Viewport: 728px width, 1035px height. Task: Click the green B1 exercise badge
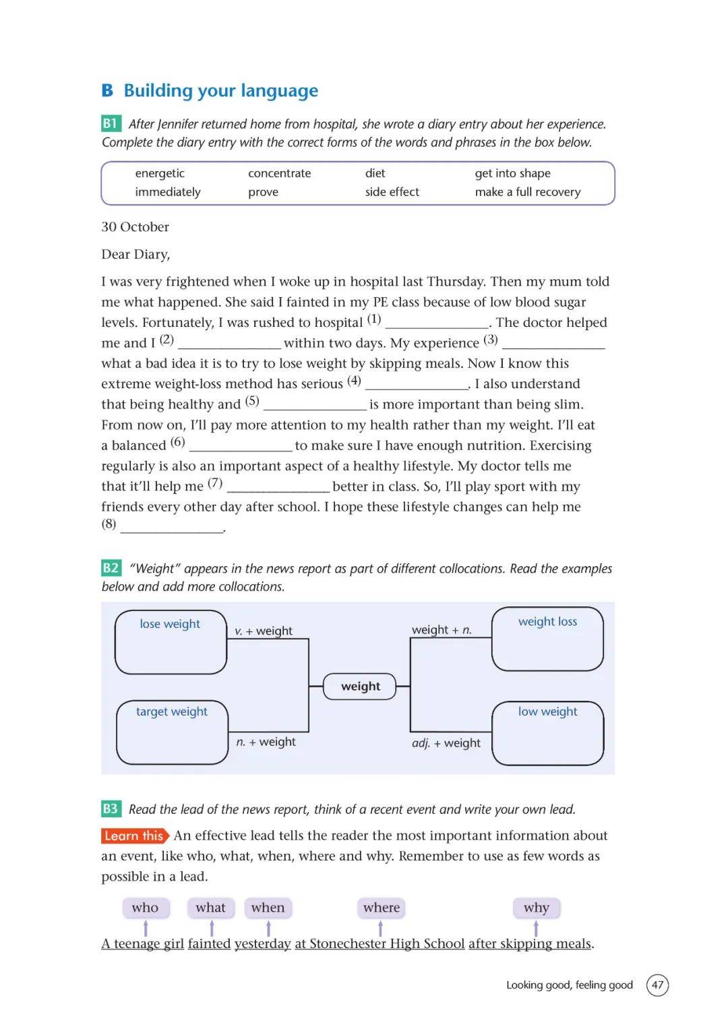111,123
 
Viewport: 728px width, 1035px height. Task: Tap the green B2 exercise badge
111,568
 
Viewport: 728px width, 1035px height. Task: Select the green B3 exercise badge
111,809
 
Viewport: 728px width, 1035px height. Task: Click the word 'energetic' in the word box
160,173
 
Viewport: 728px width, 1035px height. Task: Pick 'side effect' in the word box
392,192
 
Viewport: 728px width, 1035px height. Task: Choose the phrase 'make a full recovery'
527,192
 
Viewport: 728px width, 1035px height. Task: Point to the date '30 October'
135,227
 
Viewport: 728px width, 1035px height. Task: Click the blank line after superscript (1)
437,324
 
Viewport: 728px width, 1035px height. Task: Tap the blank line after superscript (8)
172,528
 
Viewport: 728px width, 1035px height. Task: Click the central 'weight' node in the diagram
360,687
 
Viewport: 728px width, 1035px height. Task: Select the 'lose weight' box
171,641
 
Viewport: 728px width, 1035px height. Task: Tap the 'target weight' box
172,732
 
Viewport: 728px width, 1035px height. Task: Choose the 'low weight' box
547,732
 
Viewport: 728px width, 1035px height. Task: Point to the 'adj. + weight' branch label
446,743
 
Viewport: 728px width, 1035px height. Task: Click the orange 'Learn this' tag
135,836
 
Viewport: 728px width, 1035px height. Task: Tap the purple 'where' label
382,908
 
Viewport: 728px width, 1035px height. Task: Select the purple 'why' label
537,908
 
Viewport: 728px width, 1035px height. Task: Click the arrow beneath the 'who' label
146,929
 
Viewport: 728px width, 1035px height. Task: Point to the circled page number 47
657,984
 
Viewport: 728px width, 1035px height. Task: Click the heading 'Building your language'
220,90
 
